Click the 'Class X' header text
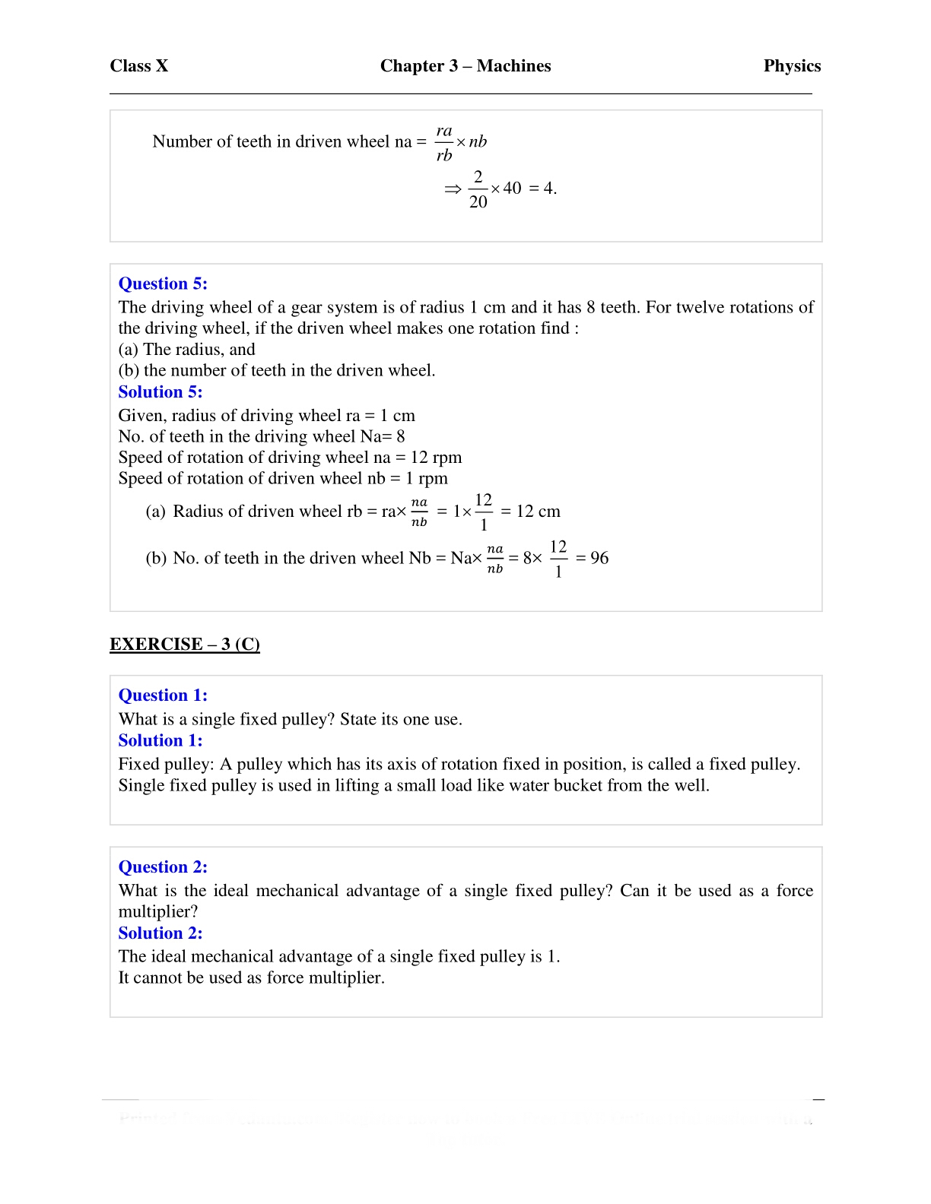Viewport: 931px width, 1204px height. [x=138, y=66]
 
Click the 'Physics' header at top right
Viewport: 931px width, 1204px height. [x=792, y=66]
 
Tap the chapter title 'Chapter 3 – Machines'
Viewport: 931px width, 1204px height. [x=465, y=66]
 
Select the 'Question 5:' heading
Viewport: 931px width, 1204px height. [x=163, y=284]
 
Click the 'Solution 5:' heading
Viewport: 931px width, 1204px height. [x=160, y=392]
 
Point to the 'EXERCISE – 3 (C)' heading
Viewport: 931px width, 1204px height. [x=185, y=645]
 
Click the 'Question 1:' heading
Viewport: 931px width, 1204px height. [x=163, y=695]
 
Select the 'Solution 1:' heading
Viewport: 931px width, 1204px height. [x=160, y=740]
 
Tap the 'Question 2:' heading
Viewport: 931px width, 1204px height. [x=163, y=867]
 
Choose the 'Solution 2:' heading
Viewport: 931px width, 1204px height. [x=160, y=933]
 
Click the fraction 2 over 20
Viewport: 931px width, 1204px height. [x=478, y=189]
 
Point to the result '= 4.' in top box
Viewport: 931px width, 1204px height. [x=542, y=189]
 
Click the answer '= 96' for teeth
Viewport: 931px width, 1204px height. [x=593, y=558]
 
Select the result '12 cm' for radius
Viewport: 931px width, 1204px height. [x=538, y=512]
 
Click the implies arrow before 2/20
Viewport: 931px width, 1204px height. [x=453, y=189]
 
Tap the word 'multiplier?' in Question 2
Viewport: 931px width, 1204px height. [x=157, y=911]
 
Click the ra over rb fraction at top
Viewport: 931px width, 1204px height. [x=444, y=143]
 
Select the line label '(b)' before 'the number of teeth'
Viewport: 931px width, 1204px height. [x=129, y=371]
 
